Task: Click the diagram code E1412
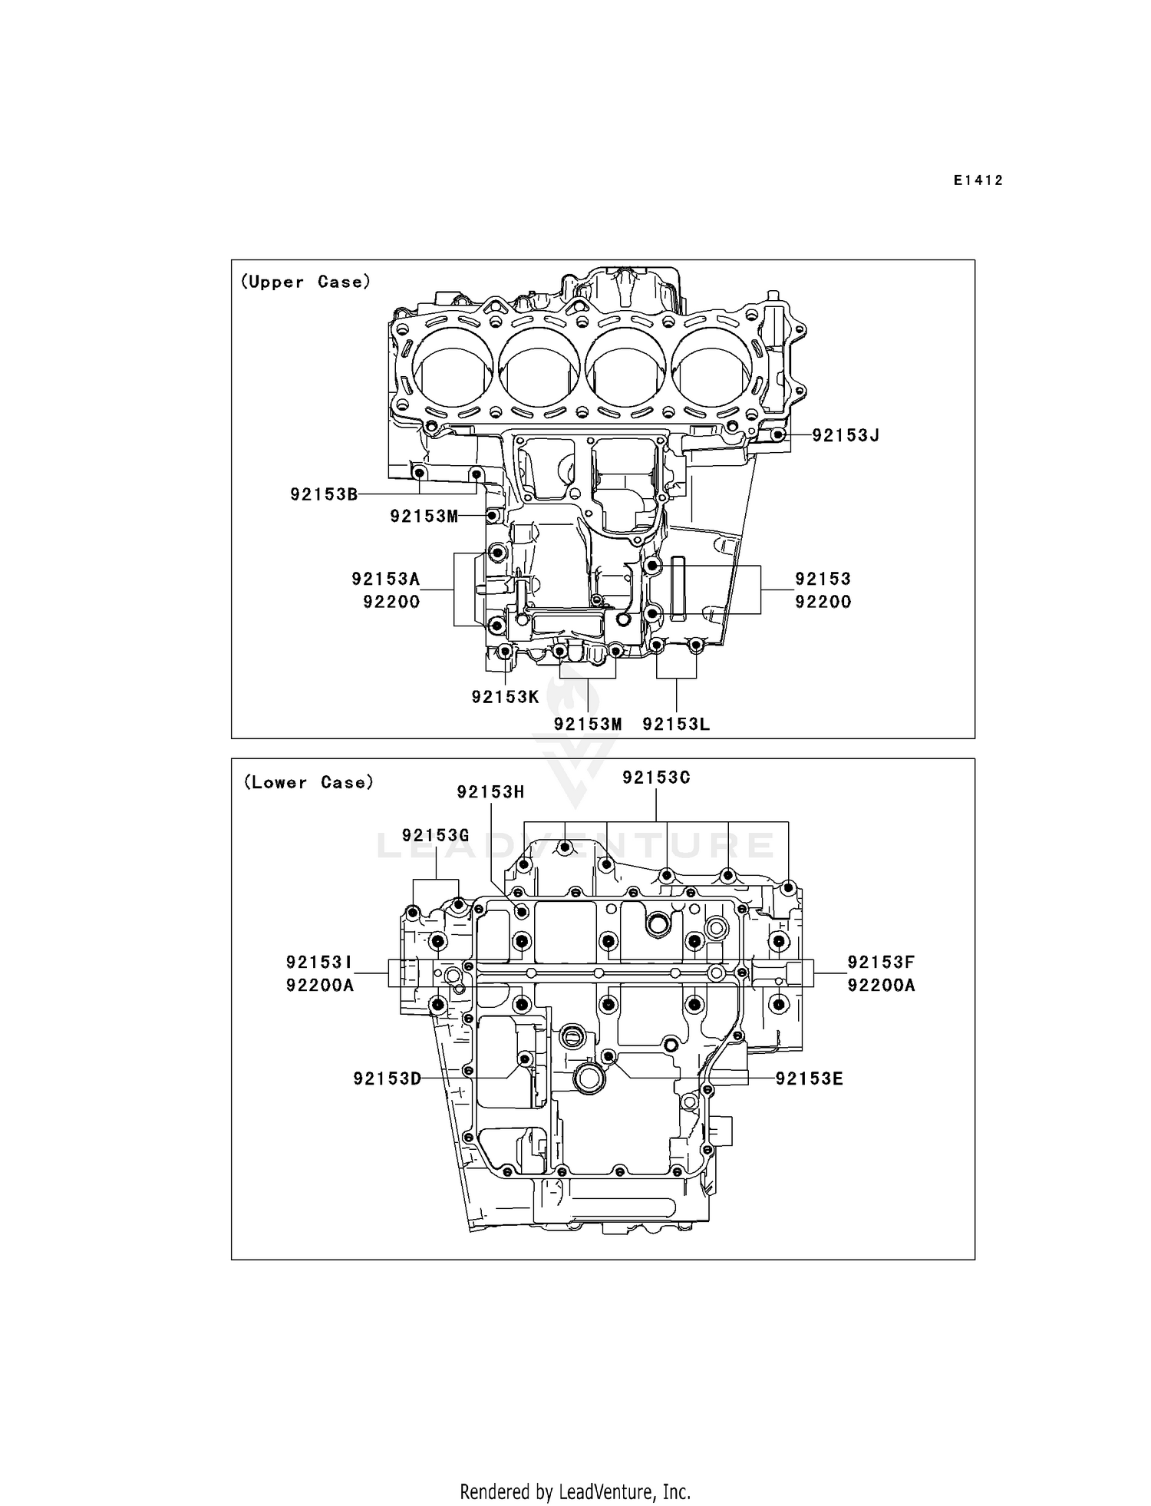pyautogui.click(x=978, y=180)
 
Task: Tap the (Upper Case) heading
pyautogui.click(x=305, y=282)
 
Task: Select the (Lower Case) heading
pyautogui.click(x=308, y=782)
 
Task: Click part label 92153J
pyautogui.click(x=845, y=435)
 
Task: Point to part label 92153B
pyautogui.click(x=324, y=494)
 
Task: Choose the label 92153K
pyautogui.click(x=505, y=697)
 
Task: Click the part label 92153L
pyautogui.click(x=676, y=724)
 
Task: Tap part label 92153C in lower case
pyautogui.click(x=656, y=778)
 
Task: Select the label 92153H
pyautogui.click(x=490, y=791)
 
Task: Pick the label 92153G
pyautogui.click(x=435, y=835)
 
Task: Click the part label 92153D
pyautogui.click(x=388, y=1078)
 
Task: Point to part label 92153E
pyautogui.click(x=809, y=1078)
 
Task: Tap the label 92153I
pyautogui.click(x=320, y=962)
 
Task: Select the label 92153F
pyautogui.click(x=881, y=962)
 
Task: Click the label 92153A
pyautogui.click(x=386, y=579)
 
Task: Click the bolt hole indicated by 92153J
pyautogui.click(x=777, y=435)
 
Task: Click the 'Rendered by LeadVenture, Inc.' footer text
pyautogui.click(x=575, y=1491)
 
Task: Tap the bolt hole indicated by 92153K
pyautogui.click(x=505, y=652)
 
